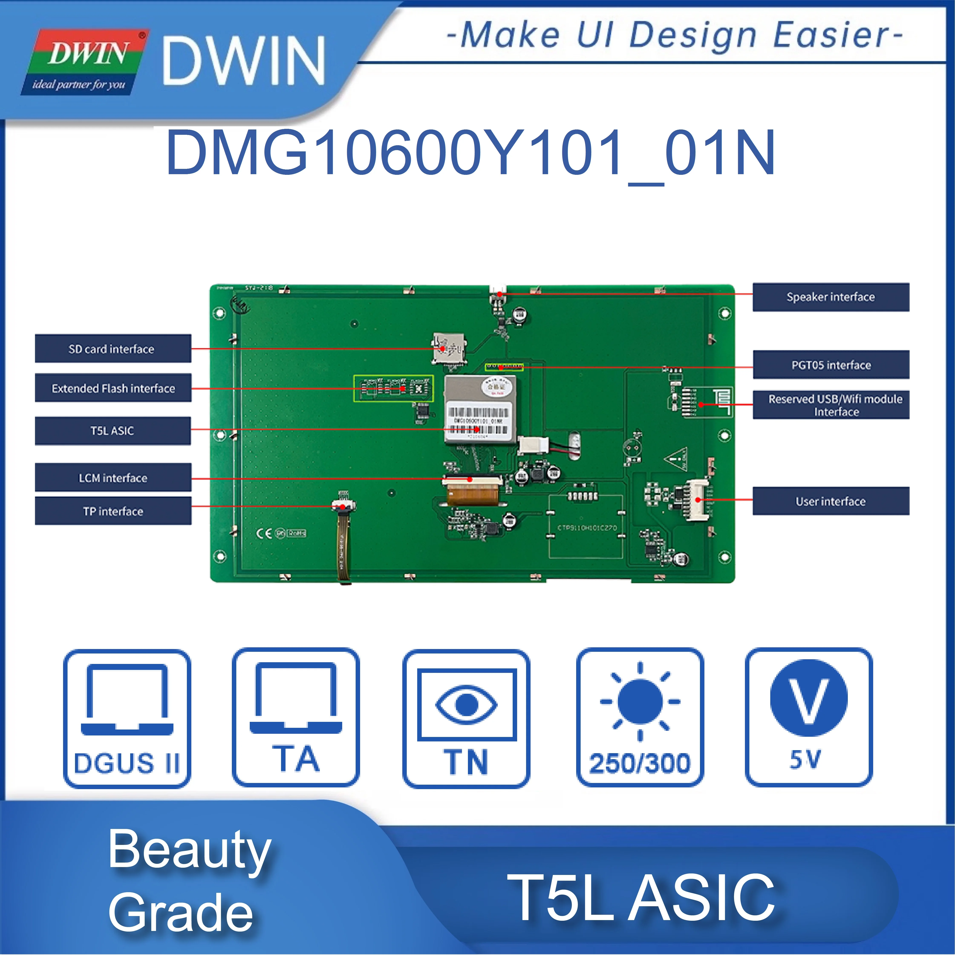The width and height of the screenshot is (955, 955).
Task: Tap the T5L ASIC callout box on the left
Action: (113, 431)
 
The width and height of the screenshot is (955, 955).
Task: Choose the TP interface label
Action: (113, 511)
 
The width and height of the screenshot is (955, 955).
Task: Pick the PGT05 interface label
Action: (830, 365)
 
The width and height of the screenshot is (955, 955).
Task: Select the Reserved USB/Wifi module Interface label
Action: (830, 405)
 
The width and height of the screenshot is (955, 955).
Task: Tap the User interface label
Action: (830, 501)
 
